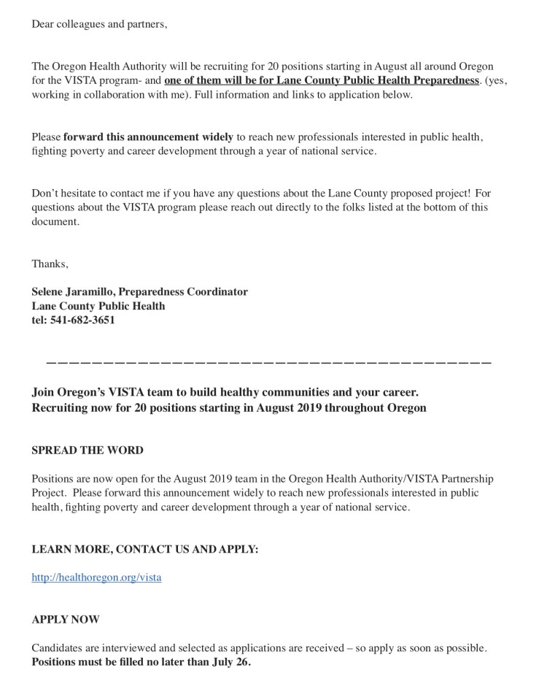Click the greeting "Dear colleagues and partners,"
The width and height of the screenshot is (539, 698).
[x=99, y=24]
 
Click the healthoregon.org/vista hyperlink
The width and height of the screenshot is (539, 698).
[x=96, y=577]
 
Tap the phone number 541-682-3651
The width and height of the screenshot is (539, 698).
[x=82, y=320]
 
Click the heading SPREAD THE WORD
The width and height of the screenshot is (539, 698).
[x=88, y=450]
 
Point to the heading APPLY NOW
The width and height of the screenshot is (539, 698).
[x=66, y=619]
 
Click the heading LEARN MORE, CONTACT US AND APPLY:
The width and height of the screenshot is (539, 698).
[x=144, y=549]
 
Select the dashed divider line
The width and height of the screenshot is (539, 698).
[x=268, y=363]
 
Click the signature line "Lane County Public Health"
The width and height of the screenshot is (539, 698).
[x=98, y=306]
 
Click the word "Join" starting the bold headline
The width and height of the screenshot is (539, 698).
[x=43, y=393]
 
